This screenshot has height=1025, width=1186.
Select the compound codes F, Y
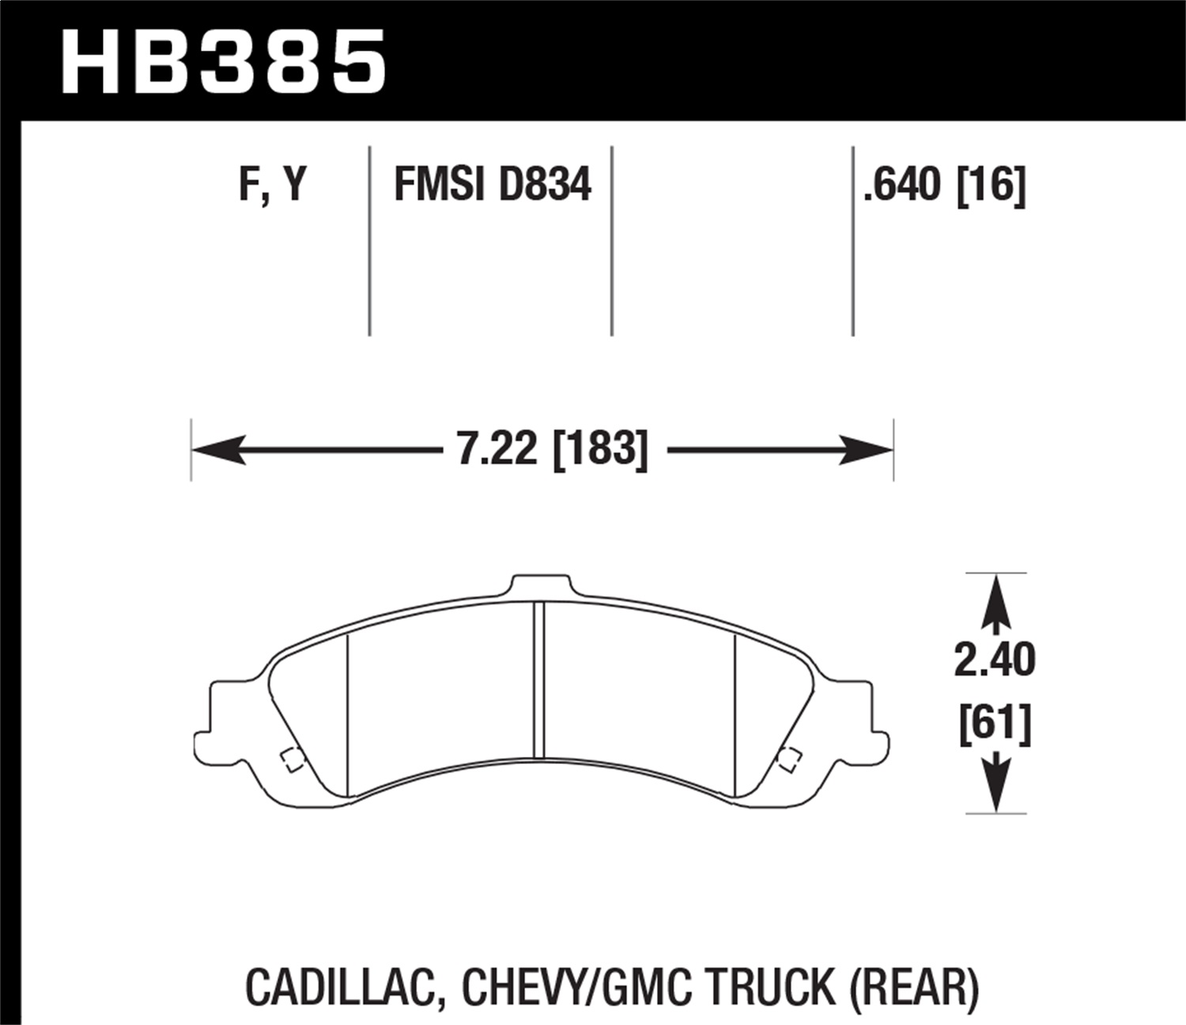[272, 185]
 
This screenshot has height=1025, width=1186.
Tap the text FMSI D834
[492, 185]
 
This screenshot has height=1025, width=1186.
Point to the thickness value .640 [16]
[944, 185]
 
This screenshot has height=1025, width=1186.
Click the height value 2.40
[994, 660]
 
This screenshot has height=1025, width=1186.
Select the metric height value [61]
[995, 724]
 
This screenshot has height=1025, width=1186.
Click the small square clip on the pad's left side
[290, 759]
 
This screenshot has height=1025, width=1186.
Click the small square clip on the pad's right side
[788, 759]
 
